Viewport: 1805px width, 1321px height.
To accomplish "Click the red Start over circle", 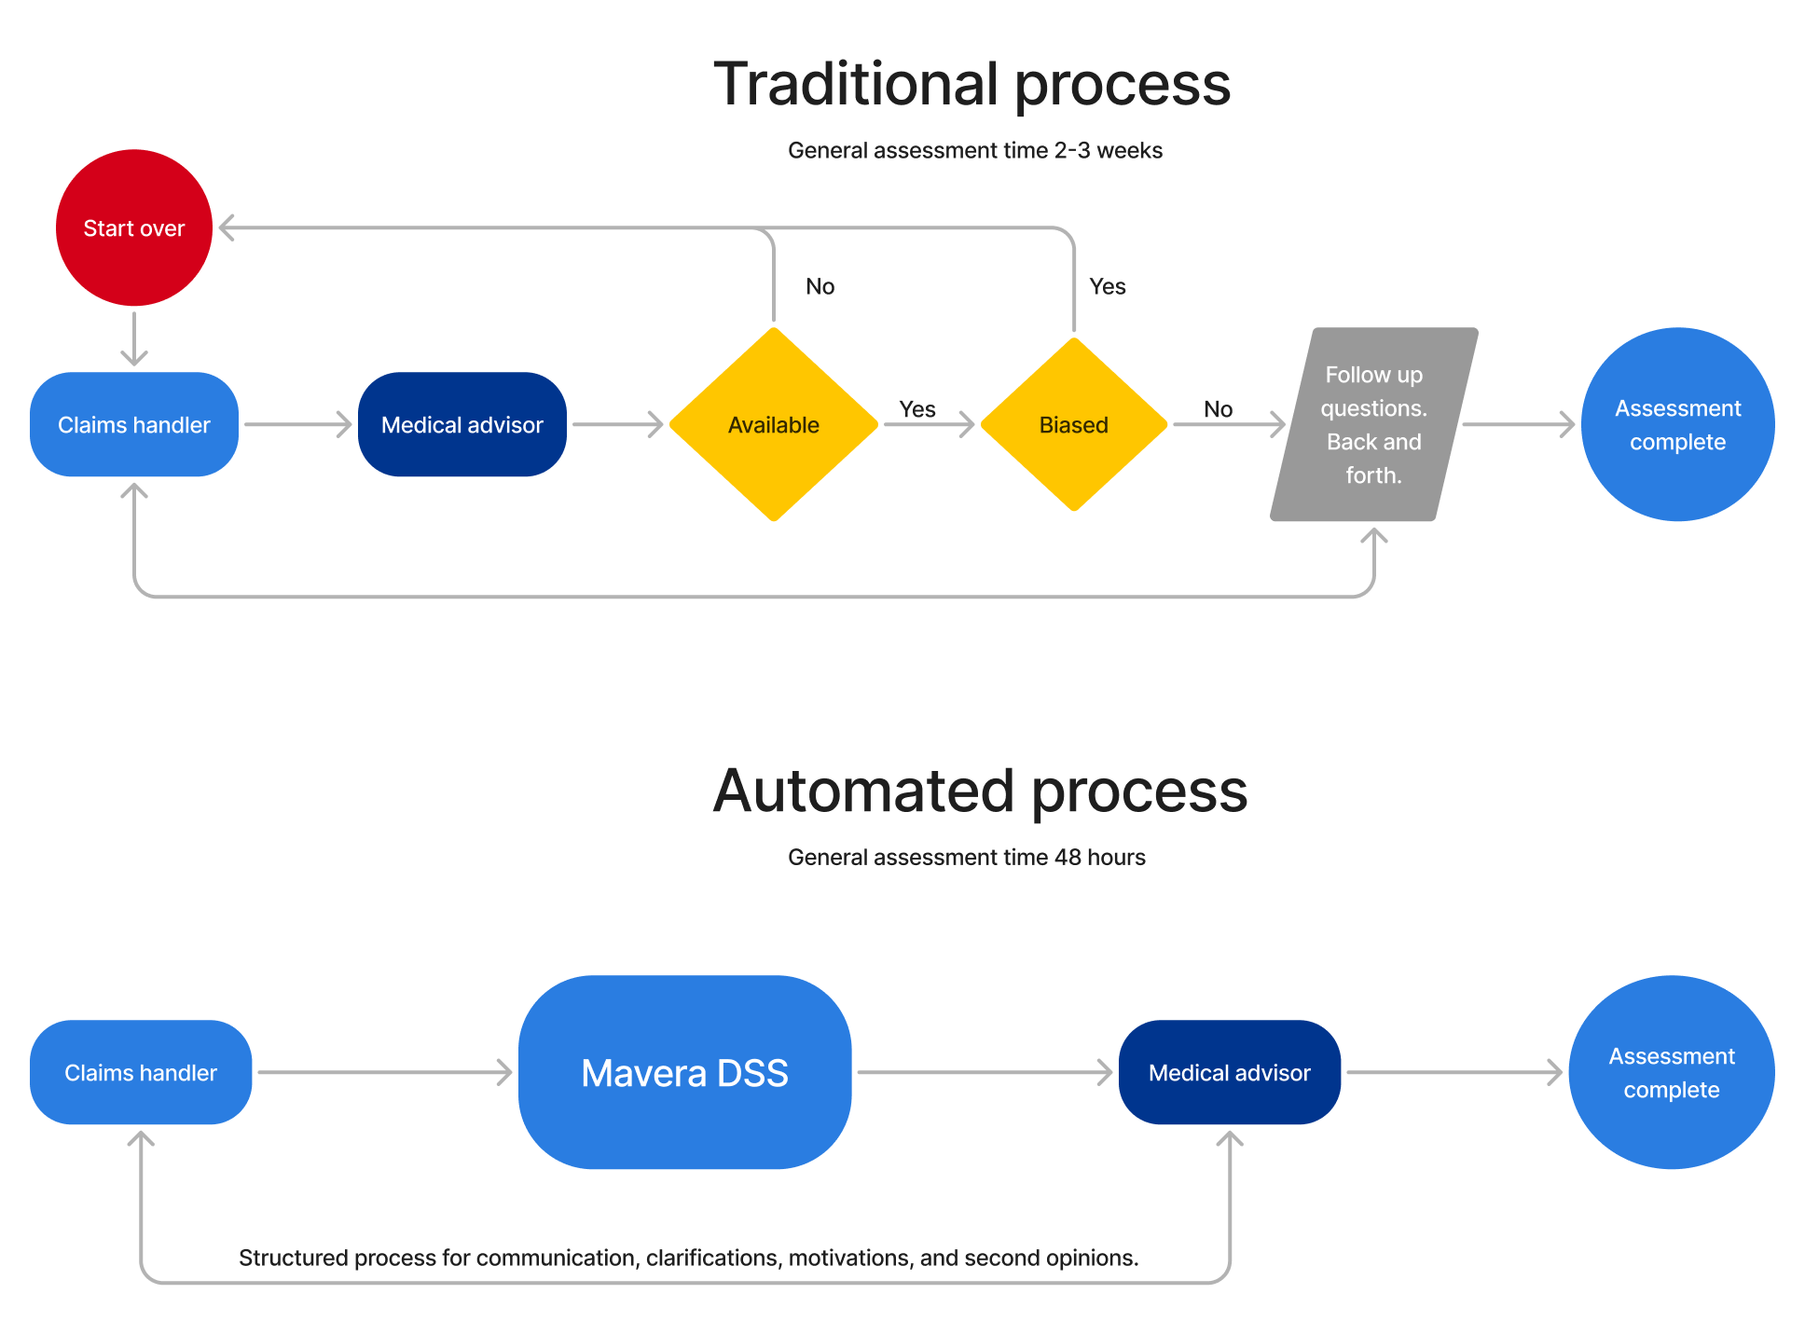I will (x=134, y=227).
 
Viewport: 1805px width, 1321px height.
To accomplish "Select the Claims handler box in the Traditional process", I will (x=134, y=424).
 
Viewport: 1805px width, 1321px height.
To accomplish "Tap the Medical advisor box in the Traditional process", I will (x=462, y=424).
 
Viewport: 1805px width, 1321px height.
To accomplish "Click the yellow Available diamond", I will (x=773, y=424).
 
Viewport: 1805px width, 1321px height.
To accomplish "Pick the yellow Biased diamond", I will (x=1073, y=424).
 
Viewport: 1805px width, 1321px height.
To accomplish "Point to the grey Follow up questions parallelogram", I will (x=1373, y=424).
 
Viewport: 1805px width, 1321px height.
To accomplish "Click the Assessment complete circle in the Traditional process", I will (x=1677, y=424).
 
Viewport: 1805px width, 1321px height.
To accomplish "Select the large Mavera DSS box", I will (x=684, y=1072).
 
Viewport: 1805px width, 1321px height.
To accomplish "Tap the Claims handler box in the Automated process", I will (x=141, y=1072).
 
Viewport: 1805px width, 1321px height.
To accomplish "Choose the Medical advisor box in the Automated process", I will (x=1229, y=1072).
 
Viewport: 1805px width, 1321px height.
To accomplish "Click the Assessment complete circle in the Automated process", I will (x=1671, y=1072).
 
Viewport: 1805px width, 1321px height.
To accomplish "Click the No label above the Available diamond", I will (x=820, y=286).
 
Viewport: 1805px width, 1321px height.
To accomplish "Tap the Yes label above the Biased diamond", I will (x=1107, y=286).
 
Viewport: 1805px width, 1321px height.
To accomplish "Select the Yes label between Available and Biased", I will (x=916, y=408).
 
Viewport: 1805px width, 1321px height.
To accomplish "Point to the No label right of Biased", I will (x=1218, y=408).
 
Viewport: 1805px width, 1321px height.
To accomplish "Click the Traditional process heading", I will (x=971, y=84).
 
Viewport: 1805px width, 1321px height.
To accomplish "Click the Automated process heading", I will (x=979, y=791).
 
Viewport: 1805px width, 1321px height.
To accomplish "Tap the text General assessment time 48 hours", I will (x=966, y=857).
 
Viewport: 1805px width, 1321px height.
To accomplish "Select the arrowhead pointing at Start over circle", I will (x=226, y=227).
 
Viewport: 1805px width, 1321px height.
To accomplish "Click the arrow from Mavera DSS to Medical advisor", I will (x=984, y=1072).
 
